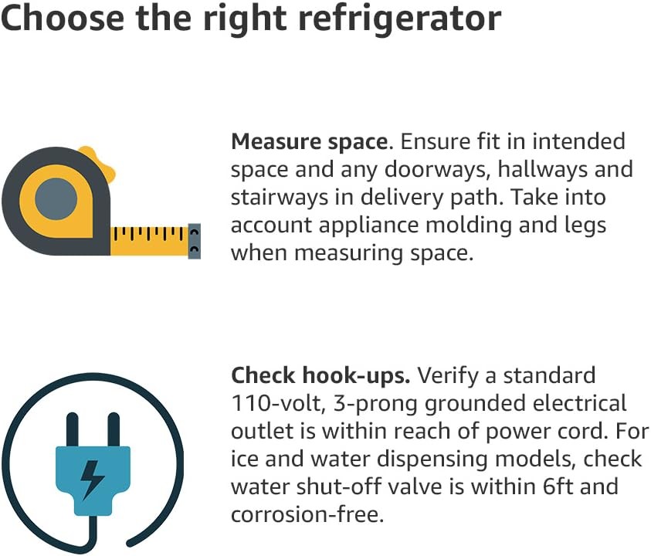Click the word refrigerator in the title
pos(400,19)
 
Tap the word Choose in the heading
pos(63,18)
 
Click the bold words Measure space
pos(311,141)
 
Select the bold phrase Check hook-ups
pos(320,376)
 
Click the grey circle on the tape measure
pos(56,199)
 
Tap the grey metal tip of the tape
pos(195,241)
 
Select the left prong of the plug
pos(73,430)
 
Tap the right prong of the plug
pos(114,430)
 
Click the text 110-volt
pos(278,404)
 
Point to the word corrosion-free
pos(307,514)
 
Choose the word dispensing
pos(432,459)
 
